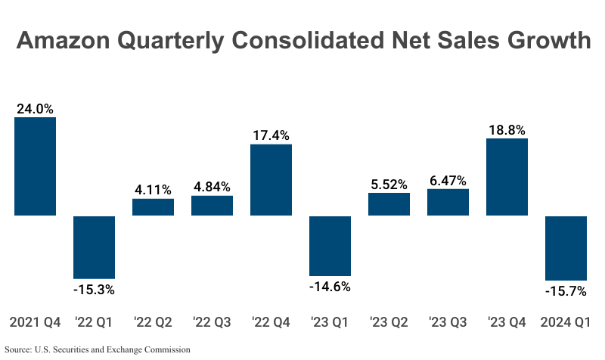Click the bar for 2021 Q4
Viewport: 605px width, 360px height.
coord(36,166)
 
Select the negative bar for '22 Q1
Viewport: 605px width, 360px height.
coord(95,247)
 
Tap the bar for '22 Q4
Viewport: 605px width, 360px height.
coord(271,180)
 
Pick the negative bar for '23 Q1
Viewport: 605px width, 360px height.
coord(330,246)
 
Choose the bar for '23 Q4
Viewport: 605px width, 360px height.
coord(507,177)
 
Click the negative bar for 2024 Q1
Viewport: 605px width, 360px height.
coord(566,248)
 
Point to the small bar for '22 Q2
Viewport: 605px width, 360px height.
coord(154,207)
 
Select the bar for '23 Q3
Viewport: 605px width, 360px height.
coord(448,203)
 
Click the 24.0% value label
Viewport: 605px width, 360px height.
coord(36,109)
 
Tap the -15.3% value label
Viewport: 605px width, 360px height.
coord(95,290)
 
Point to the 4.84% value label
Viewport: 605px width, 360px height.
coord(212,187)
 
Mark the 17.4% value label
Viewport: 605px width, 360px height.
coord(271,135)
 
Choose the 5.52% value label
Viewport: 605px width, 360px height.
coord(389,184)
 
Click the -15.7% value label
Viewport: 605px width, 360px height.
coord(566,291)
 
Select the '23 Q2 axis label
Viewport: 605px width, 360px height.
coord(389,323)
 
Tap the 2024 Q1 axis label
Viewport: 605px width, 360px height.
coord(566,323)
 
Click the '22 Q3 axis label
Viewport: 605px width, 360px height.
coord(212,323)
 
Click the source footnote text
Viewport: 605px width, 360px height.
coord(98,350)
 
